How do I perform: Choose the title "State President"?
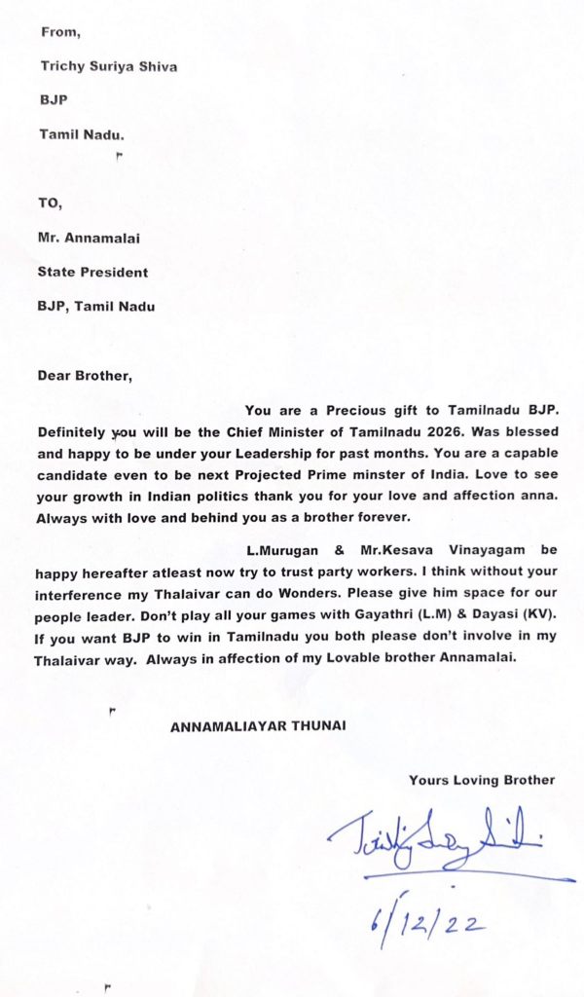(93, 273)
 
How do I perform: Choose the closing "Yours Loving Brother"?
(482, 780)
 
